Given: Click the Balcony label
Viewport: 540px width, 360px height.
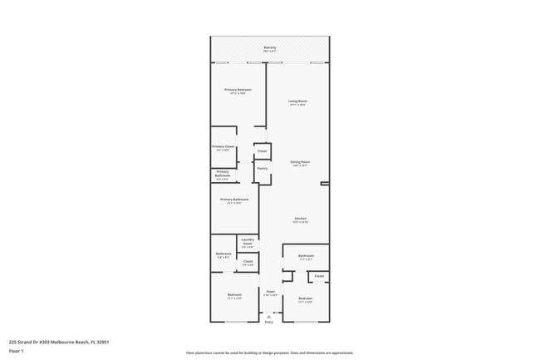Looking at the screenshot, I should click(x=270, y=48).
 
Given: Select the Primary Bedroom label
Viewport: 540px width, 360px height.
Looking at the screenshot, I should click(x=238, y=90).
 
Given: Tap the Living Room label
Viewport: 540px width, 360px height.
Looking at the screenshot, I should click(x=298, y=101).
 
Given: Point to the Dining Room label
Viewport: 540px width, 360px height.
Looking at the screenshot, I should click(x=300, y=162).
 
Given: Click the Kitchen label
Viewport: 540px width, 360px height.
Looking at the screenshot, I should click(x=300, y=219).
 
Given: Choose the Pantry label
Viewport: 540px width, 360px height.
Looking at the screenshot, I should click(x=262, y=169).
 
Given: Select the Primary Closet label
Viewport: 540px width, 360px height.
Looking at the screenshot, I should click(x=223, y=147).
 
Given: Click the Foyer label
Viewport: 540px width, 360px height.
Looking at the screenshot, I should click(x=270, y=292).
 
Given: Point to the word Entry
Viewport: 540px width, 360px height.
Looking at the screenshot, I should click(x=269, y=322).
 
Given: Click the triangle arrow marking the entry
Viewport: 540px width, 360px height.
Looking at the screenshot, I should click(x=269, y=316).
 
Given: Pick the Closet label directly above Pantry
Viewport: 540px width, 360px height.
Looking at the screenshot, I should click(x=262, y=150).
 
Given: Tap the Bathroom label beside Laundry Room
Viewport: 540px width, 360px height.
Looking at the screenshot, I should click(x=223, y=254).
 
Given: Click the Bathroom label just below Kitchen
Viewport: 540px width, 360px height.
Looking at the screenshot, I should click(x=306, y=256).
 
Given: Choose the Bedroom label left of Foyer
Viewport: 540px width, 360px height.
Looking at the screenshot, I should click(x=235, y=295).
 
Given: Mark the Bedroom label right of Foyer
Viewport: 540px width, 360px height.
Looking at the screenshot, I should click(x=305, y=298).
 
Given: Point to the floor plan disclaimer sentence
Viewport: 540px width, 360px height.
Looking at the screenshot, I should click(x=270, y=353).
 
